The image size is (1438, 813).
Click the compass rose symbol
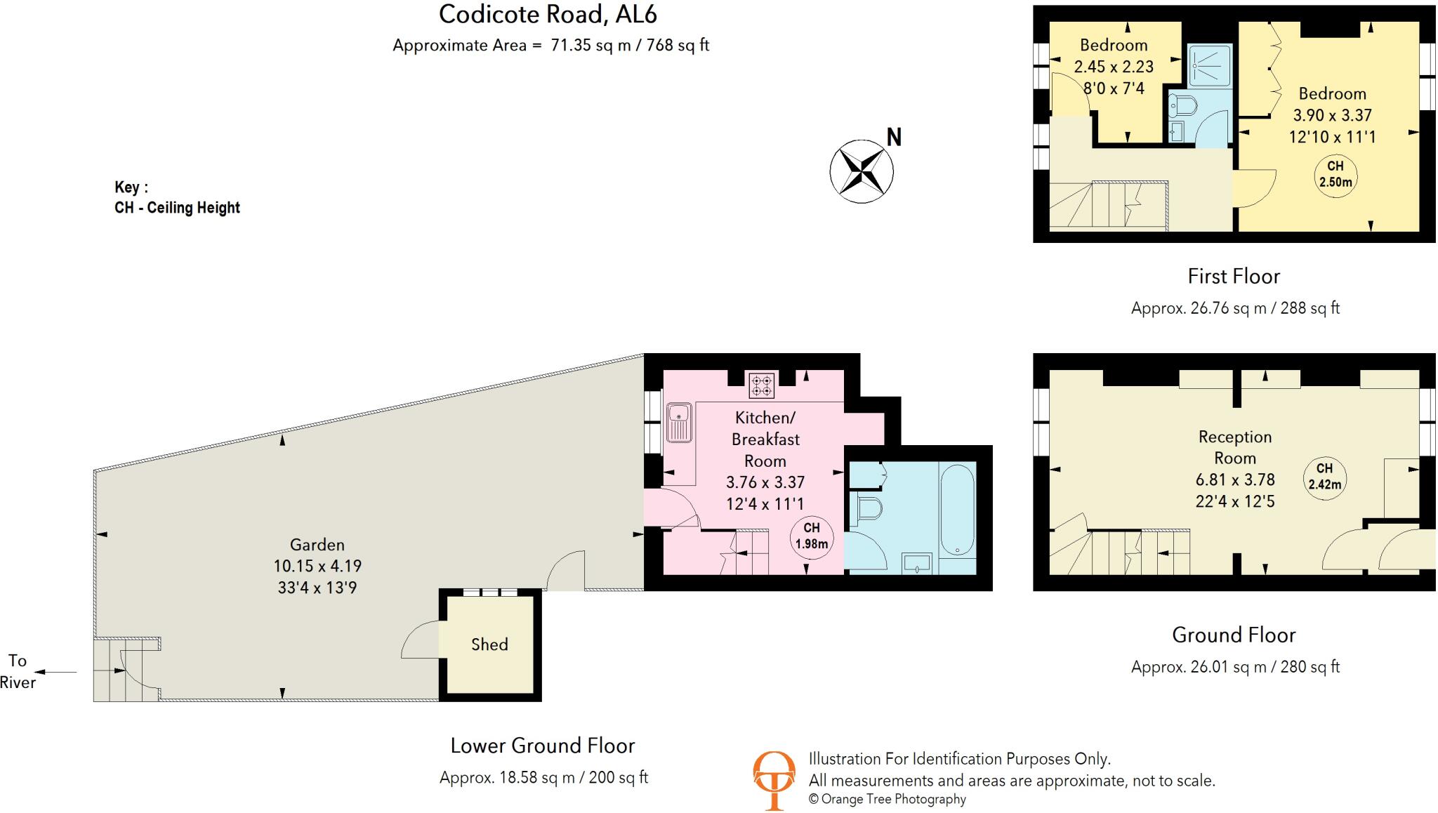861,171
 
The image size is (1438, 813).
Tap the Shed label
489,645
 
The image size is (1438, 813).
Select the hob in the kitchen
762,385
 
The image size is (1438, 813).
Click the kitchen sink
679,422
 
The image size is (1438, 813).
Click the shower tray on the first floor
1209,67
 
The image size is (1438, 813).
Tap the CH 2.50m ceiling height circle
1335,174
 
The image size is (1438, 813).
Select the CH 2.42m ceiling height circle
1324,477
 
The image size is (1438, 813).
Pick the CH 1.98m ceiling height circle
811,536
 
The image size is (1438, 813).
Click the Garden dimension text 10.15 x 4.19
317,566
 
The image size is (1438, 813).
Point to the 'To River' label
18,671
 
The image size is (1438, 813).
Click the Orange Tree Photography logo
774,779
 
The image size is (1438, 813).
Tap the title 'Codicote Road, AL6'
548,14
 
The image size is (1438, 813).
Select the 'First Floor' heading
1234,277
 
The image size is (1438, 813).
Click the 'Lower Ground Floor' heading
543,746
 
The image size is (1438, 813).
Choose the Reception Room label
1235,447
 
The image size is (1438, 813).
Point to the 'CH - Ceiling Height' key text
177,208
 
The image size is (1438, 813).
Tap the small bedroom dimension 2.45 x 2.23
1114,67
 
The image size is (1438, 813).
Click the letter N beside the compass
894,137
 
